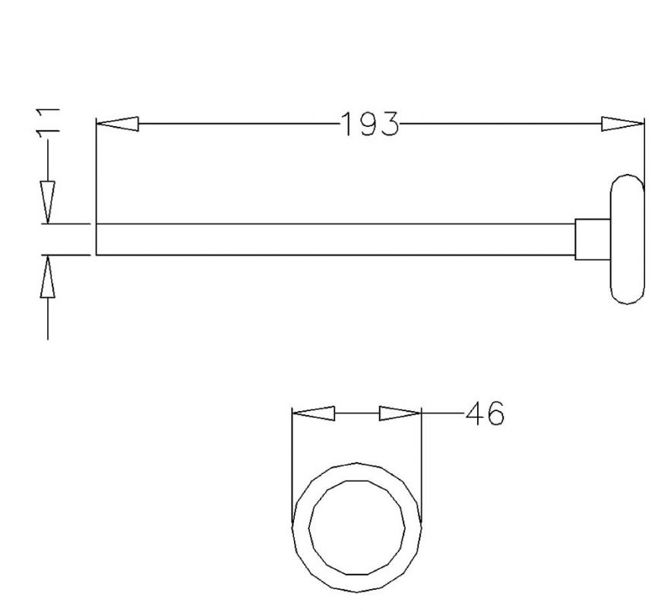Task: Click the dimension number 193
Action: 369,124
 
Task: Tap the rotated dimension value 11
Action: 48,121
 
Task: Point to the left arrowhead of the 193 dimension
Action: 117,124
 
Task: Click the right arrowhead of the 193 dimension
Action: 622,124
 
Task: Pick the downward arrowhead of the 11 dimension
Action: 48,203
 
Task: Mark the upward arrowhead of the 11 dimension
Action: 48,276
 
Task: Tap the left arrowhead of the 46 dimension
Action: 314,414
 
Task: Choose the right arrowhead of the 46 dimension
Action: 400,414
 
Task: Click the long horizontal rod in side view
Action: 334,239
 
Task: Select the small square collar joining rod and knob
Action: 592,239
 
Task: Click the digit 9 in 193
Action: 368,124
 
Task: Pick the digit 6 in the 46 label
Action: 494,414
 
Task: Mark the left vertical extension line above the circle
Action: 293,464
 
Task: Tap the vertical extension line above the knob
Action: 644,152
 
